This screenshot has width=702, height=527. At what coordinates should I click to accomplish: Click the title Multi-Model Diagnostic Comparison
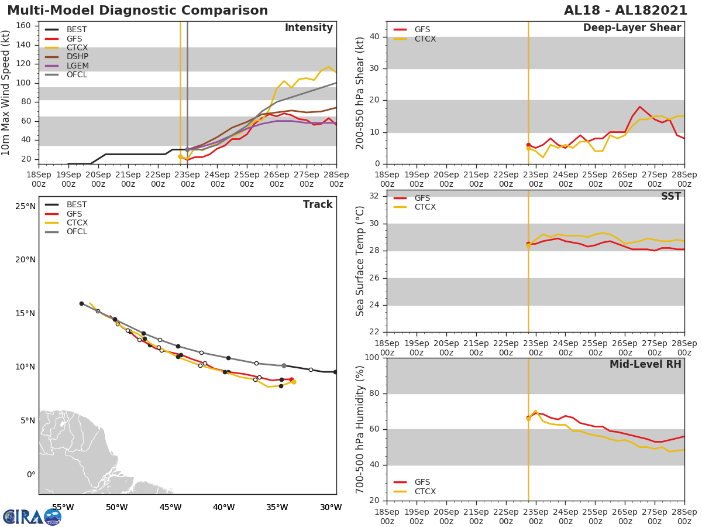137,11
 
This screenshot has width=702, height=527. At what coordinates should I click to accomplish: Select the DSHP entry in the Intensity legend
77,57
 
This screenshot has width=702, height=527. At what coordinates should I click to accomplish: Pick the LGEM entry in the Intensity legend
77,66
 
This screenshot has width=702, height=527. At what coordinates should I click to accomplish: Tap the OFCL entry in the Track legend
77,232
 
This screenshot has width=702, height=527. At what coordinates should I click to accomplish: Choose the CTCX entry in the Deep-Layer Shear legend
425,39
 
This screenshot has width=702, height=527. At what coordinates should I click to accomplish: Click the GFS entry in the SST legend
422,198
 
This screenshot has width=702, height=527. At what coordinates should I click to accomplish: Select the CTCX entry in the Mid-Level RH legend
425,492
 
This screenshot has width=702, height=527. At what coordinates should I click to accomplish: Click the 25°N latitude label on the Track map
25,206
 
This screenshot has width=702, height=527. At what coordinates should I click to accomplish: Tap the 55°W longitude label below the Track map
63,507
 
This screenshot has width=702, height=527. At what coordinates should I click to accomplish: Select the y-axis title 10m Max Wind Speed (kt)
6,93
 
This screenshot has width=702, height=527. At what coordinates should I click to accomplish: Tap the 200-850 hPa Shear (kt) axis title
360,93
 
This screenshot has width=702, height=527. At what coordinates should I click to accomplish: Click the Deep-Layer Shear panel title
632,28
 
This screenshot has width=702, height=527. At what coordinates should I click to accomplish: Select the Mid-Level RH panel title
645,364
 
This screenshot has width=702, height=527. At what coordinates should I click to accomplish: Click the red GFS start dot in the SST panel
528,244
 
